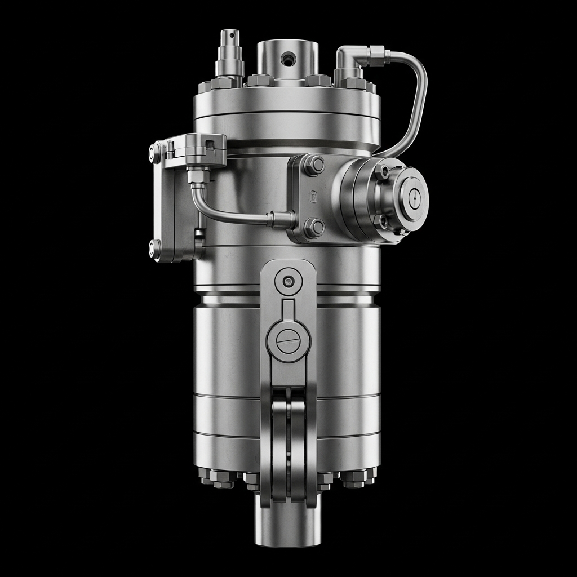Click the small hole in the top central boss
tap(290, 57)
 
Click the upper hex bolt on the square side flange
tap(314, 165)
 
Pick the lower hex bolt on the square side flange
tap(314, 228)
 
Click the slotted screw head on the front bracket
tap(288, 341)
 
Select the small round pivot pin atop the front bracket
tap(288, 281)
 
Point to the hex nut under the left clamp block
tap(198, 176)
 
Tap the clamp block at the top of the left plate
tap(195, 149)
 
